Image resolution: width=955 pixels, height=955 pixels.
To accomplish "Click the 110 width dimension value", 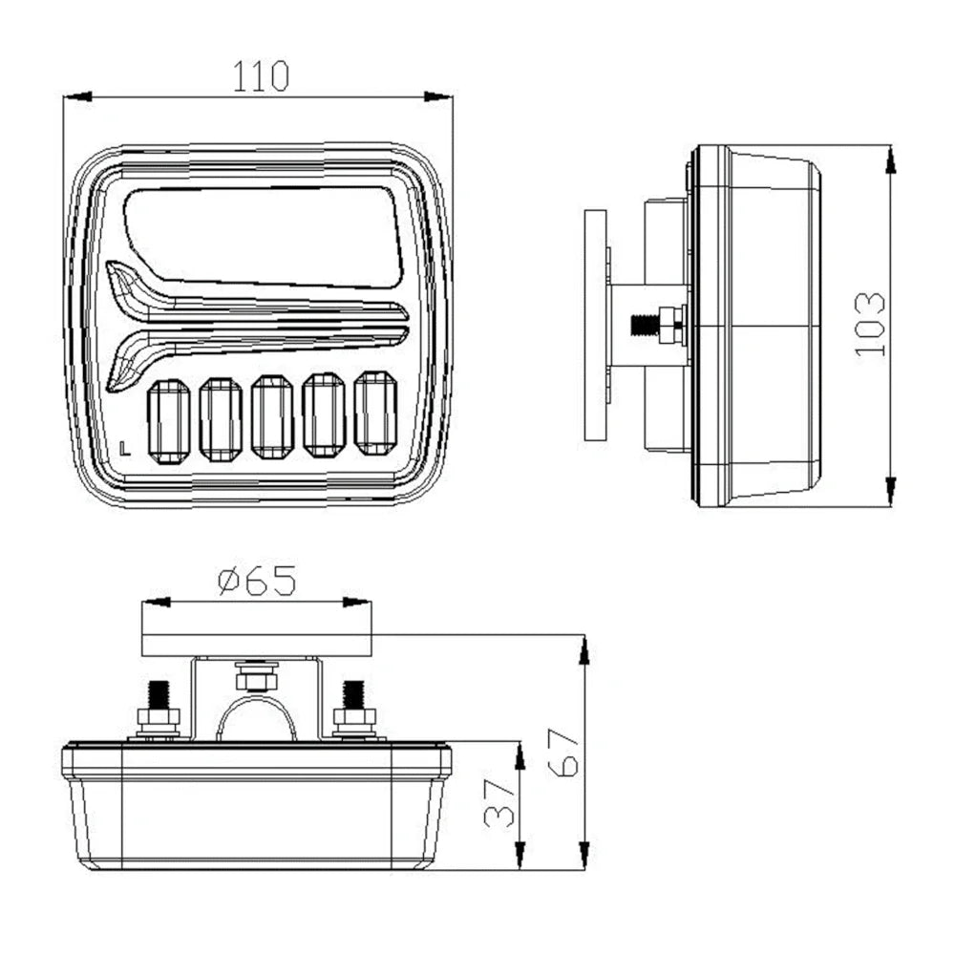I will [261, 75].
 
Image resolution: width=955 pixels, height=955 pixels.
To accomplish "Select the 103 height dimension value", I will [869, 325].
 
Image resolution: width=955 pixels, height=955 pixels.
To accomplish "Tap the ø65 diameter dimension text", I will [257, 581].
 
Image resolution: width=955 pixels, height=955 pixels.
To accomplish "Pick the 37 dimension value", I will [498, 803].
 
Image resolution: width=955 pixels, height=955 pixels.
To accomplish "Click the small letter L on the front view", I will [127, 445].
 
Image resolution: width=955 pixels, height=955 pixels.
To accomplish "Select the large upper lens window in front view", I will [264, 235].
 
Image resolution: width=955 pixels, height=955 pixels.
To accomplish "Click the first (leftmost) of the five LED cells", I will [169, 418].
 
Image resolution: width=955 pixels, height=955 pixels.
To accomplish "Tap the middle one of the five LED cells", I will [272, 416].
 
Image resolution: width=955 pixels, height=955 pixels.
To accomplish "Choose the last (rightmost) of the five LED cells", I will [375, 413].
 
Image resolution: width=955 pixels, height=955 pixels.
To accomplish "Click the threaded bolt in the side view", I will [657, 325].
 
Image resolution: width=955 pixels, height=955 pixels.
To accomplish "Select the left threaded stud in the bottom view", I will [158, 707].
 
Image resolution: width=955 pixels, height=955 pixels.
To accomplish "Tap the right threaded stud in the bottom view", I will [353, 707].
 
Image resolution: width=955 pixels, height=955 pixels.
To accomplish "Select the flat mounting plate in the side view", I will [596, 325].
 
